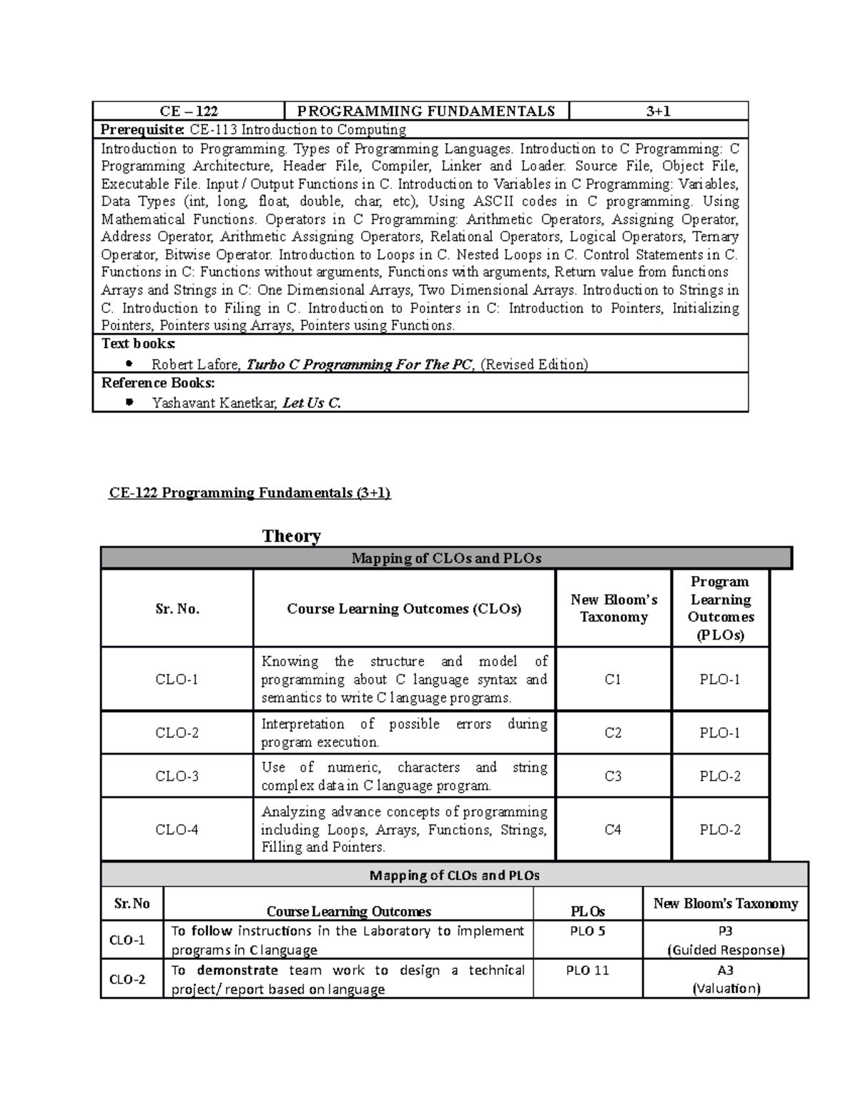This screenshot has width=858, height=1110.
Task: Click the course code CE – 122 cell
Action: click(189, 111)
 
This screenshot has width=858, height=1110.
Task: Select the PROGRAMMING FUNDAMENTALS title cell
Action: click(426, 111)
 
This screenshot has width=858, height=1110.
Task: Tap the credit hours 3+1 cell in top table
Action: click(658, 111)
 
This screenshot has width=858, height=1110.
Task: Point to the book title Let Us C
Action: click(312, 403)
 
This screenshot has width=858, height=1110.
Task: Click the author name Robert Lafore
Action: click(195, 365)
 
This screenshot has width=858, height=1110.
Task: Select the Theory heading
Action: click(291, 536)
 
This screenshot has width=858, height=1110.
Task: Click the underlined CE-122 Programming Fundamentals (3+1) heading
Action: click(250, 493)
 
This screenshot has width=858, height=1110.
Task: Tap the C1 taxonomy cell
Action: click(613, 680)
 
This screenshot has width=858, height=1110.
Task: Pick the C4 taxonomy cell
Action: click(613, 830)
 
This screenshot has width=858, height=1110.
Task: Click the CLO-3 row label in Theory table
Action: click(177, 776)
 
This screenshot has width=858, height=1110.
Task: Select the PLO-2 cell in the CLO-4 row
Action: click(720, 830)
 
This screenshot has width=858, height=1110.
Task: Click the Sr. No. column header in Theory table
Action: click(177, 609)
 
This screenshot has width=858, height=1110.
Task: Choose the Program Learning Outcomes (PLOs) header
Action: click(720, 608)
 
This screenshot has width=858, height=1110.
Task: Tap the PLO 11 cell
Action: click(588, 971)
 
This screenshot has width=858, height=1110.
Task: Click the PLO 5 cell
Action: click(588, 931)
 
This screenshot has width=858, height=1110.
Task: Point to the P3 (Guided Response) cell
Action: click(726, 941)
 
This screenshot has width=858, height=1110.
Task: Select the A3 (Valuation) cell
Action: click(726, 980)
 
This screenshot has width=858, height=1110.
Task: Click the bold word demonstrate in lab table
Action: click(237, 971)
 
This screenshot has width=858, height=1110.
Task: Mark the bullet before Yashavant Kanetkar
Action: click(129, 403)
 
